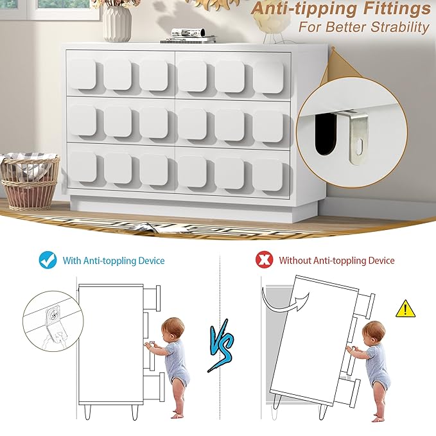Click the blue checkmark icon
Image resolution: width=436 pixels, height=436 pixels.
click(48, 260)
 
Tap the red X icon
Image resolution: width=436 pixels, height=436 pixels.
click(263, 260)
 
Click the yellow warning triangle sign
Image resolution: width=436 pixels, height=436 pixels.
click(405, 310)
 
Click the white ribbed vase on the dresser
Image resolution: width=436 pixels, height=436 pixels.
click(117, 23)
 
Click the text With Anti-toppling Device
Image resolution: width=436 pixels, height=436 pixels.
click(113, 261)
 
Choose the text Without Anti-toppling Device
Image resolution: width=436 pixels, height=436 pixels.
click(336, 261)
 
